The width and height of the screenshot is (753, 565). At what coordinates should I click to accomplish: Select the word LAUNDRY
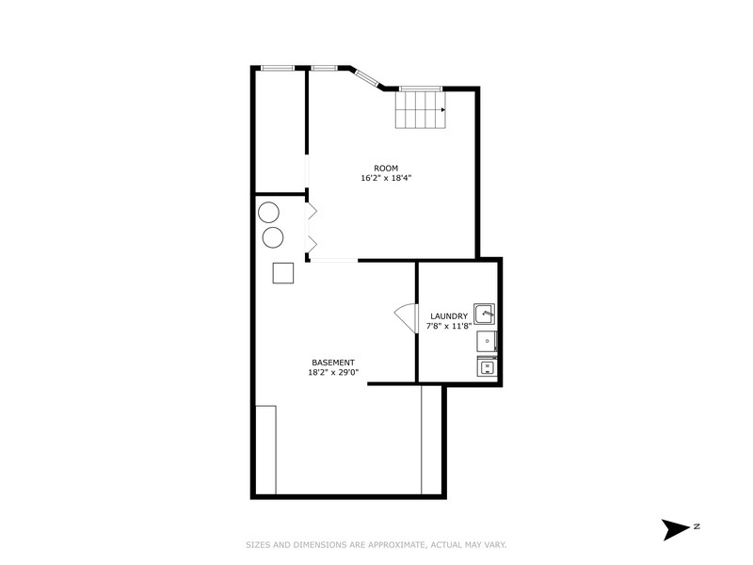pos(449,316)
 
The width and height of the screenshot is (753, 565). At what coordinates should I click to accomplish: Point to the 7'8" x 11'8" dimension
pos(449,326)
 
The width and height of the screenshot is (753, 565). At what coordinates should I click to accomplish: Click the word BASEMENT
pos(333,363)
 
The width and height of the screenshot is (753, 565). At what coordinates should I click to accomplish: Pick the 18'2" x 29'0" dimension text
pos(333,372)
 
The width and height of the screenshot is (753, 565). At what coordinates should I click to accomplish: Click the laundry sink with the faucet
pos(484,314)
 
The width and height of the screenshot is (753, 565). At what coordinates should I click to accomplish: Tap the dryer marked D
pos(486,341)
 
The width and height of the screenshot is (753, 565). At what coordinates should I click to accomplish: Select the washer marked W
pos(486,367)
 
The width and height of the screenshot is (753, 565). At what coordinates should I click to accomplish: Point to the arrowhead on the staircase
pos(442,109)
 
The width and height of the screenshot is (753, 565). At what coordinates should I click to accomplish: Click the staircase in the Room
pos(419,110)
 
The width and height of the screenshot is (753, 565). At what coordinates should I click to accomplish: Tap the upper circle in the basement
pos(268,212)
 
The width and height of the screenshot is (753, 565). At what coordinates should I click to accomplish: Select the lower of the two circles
pos(273,236)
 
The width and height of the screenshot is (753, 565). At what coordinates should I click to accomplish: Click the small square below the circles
pos(283,272)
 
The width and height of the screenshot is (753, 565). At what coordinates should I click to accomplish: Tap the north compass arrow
pos(676,528)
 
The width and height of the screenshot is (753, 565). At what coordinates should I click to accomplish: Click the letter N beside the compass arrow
pos(697,525)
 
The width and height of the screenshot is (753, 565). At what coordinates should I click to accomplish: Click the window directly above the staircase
pos(416,89)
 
